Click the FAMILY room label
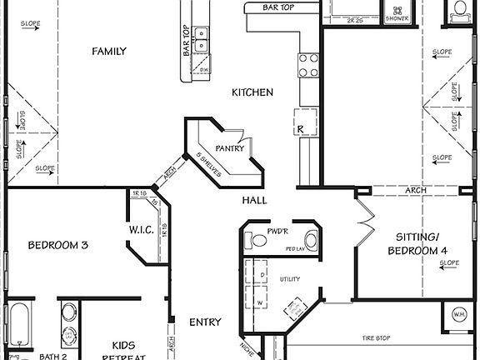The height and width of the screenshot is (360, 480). coord(109,52)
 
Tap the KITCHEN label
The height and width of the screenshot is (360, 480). coord(252,92)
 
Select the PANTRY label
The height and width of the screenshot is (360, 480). coord(228,148)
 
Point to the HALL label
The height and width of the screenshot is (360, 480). coord(254,201)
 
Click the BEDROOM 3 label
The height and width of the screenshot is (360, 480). coord(58,245)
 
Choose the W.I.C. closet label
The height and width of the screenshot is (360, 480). coord(140,229)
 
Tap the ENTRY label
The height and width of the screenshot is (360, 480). coord(205,322)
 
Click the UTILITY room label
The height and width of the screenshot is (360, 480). coord(289,279)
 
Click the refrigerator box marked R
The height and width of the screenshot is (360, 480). coord(302,129)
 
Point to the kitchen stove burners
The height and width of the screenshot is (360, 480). coord(307,65)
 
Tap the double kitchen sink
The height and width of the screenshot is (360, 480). coord(202,39)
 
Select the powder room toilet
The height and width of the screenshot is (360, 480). coord(258,241)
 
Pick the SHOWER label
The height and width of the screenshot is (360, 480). coord(397,17)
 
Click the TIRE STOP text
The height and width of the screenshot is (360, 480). coord(377,338)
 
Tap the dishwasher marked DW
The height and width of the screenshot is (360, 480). coord(203,69)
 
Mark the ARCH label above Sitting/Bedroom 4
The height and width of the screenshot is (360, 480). coord(416,191)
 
